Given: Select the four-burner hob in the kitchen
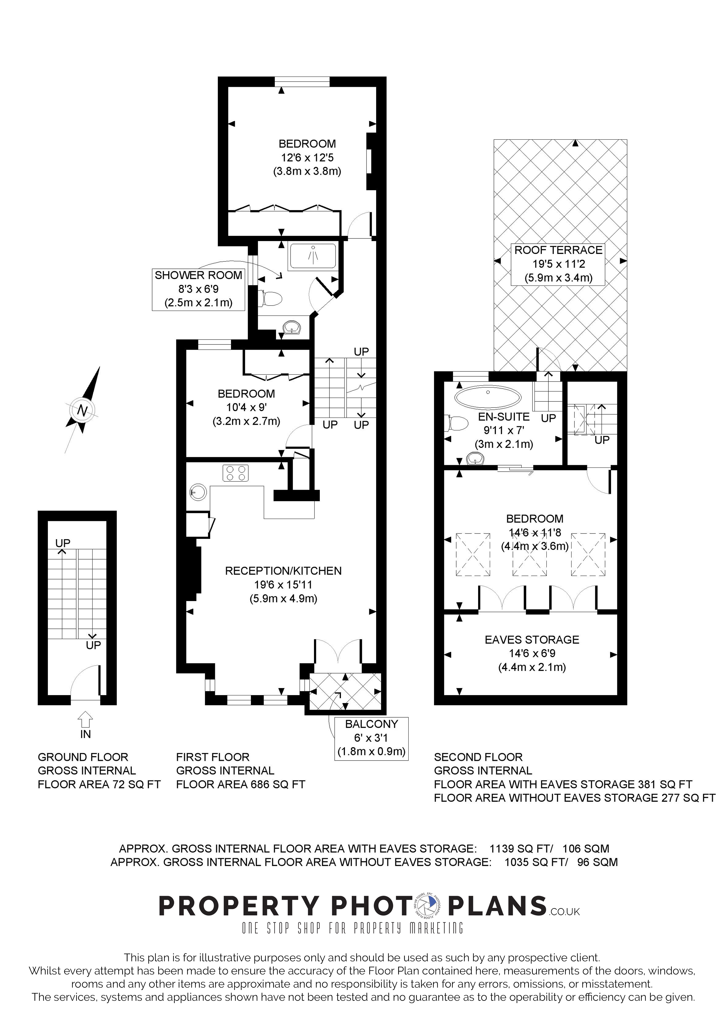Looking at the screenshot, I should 235,473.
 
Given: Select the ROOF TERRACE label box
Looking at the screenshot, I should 558,264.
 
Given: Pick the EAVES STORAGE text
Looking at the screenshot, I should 532,639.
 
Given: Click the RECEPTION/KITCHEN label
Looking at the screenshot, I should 283,571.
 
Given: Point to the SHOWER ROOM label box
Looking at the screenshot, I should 199,289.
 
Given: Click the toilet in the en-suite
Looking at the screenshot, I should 452,423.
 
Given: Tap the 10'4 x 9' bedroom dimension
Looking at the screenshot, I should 246,407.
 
